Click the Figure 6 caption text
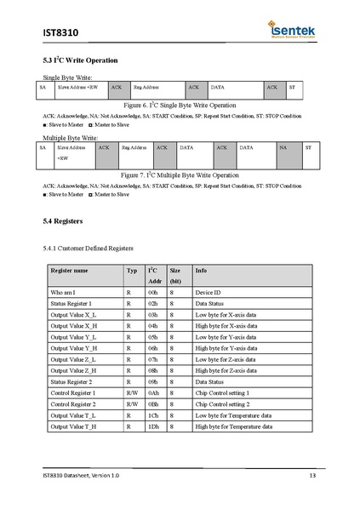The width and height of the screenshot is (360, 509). pos(179,105)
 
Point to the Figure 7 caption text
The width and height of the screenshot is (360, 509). pos(179,174)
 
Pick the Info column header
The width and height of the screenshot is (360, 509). pos(201,270)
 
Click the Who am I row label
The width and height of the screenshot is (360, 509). pos(63,292)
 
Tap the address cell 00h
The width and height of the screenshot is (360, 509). pos(153,292)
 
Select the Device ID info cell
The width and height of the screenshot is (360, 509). pos(210,292)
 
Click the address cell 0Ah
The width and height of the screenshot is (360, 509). pos(153,392)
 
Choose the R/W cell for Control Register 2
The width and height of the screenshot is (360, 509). pos(132,403)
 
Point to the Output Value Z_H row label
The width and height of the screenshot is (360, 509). pos(74,370)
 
